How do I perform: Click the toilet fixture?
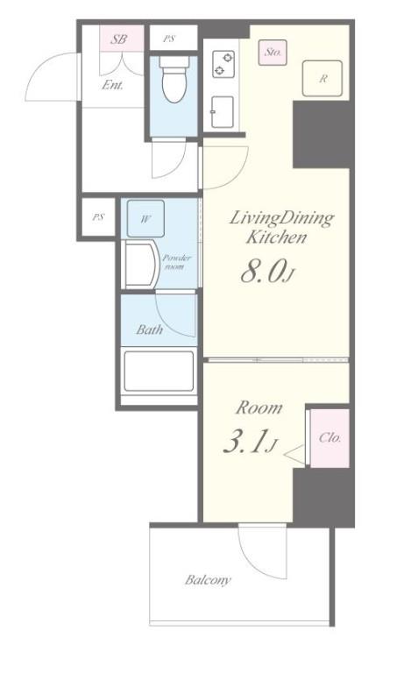[174, 80]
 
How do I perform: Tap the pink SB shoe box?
[122, 39]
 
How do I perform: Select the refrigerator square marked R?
[323, 78]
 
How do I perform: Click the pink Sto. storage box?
[272, 53]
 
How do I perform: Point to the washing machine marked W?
[146, 218]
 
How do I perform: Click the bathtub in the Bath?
[159, 372]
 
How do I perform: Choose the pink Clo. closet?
[330, 438]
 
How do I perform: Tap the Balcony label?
[209, 580]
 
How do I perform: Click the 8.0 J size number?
[267, 273]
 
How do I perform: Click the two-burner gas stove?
[224, 64]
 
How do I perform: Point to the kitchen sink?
[223, 112]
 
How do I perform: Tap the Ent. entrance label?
[112, 85]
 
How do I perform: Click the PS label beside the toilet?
[169, 39]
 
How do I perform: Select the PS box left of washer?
[98, 217]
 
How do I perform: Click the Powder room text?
[176, 262]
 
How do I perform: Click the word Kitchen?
[276, 237]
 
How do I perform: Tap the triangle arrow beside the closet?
[294, 454]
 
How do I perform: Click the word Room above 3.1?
[259, 407]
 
